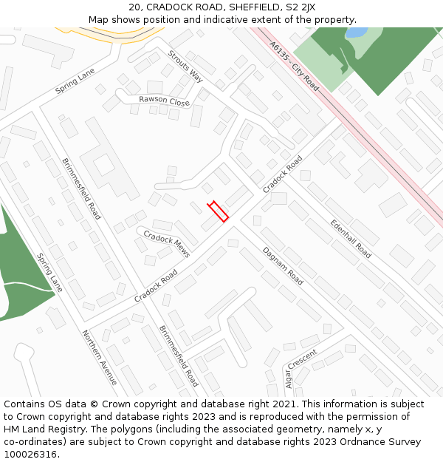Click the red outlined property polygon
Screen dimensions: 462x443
[217, 211]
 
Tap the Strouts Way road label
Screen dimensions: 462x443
[185, 66]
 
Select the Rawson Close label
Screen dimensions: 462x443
[164, 101]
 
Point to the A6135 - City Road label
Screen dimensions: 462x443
[294, 67]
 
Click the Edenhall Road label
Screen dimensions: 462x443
[351, 238]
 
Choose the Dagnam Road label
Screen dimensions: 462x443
[283, 266]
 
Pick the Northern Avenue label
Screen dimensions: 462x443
[100, 358]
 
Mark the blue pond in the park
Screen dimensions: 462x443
[356, 33]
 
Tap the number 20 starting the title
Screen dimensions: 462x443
[134, 7]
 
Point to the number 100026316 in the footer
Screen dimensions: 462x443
[30, 455]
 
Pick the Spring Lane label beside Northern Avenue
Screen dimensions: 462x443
[49, 272]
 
